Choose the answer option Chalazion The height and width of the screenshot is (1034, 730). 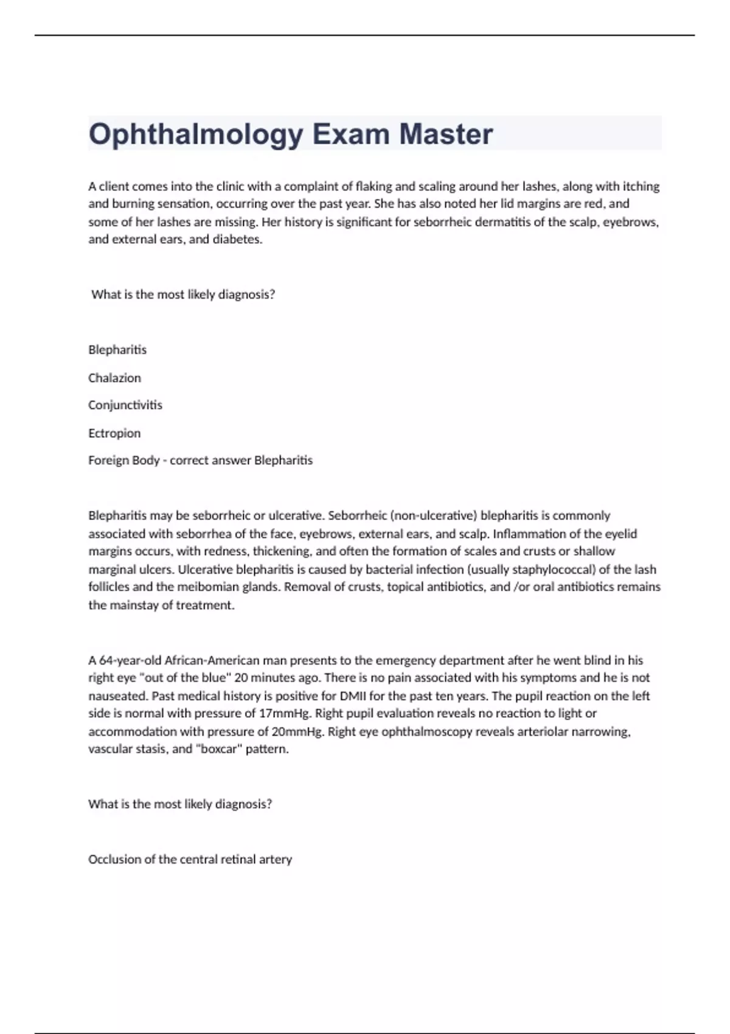[x=114, y=378]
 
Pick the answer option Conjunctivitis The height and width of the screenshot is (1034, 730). [x=125, y=405]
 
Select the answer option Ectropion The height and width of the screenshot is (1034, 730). [x=114, y=433]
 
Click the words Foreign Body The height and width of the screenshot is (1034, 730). [x=123, y=460]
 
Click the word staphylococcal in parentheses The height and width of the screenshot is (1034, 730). [x=556, y=569]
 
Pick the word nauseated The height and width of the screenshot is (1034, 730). [x=118, y=695]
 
